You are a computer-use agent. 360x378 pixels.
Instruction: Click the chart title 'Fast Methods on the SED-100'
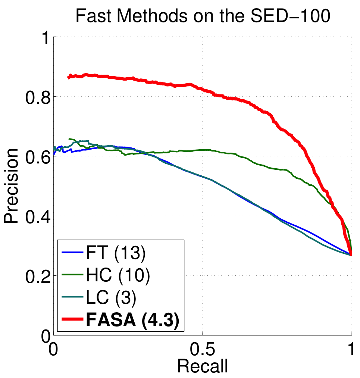click(x=203, y=17)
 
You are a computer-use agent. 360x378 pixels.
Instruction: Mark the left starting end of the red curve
click(x=68, y=77)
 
